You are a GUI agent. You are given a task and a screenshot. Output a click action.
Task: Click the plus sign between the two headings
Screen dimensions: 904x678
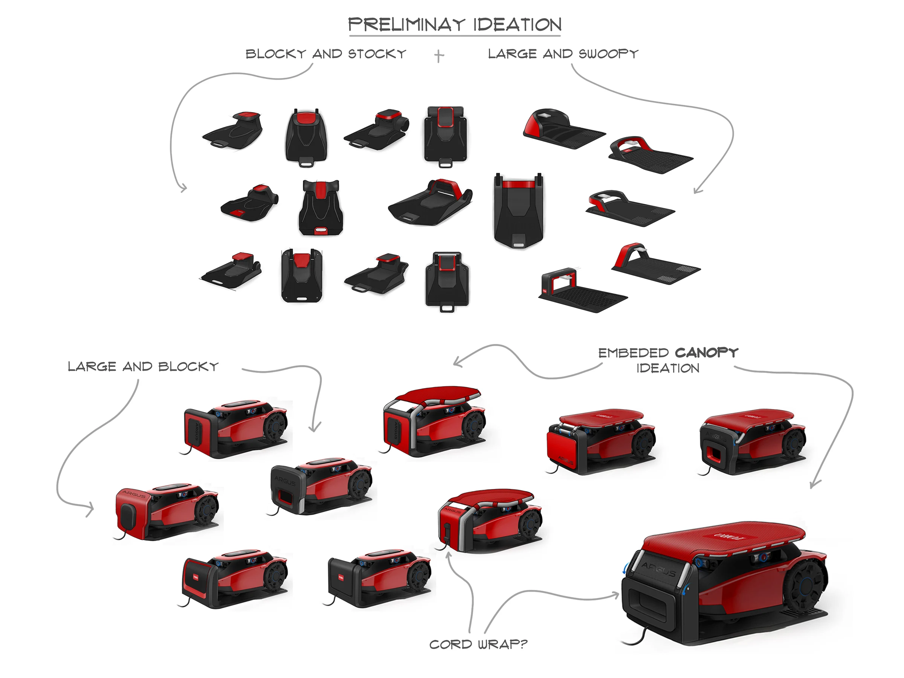pyautogui.click(x=439, y=56)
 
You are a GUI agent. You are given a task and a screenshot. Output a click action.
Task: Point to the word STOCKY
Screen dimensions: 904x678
pyautogui.click(x=377, y=53)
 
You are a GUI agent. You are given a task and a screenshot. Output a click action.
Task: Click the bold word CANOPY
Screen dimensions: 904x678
pyautogui.click(x=707, y=352)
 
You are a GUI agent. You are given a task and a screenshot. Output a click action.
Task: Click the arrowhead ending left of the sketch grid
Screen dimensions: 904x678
pyautogui.click(x=184, y=188)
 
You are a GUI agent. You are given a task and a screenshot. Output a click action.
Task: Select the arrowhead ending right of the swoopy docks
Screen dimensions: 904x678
pyautogui.click(x=698, y=189)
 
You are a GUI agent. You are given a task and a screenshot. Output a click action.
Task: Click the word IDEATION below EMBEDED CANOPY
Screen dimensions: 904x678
pyautogui.click(x=668, y=368)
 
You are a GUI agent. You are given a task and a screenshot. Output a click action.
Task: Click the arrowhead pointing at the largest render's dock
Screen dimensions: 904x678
pyautogui.click(x=616, y=596)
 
